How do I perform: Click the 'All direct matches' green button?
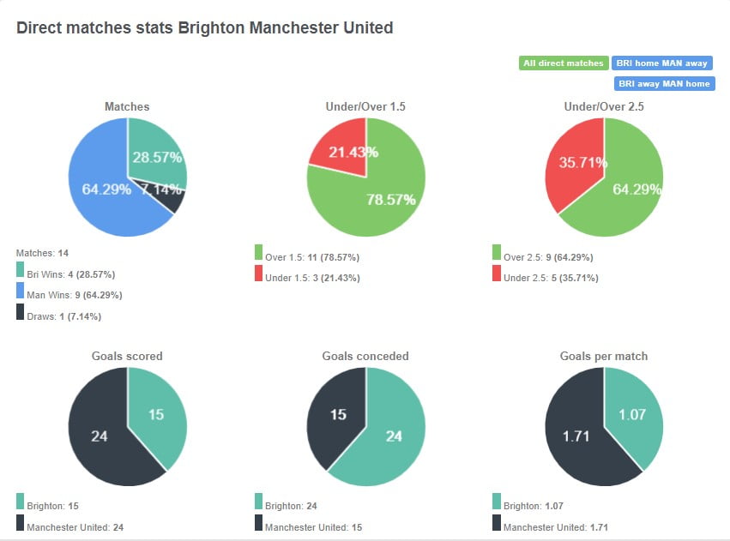coord(564,63)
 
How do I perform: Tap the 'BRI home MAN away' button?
coord(662,63)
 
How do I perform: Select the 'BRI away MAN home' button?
coord(664,84)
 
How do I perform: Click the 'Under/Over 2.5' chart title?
coord(604,107)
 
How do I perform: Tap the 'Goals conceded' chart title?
coord(365,356)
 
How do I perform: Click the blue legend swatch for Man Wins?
coord(20,293)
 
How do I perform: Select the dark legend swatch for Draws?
coord(20,315)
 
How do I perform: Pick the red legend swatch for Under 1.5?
coord(258,274)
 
